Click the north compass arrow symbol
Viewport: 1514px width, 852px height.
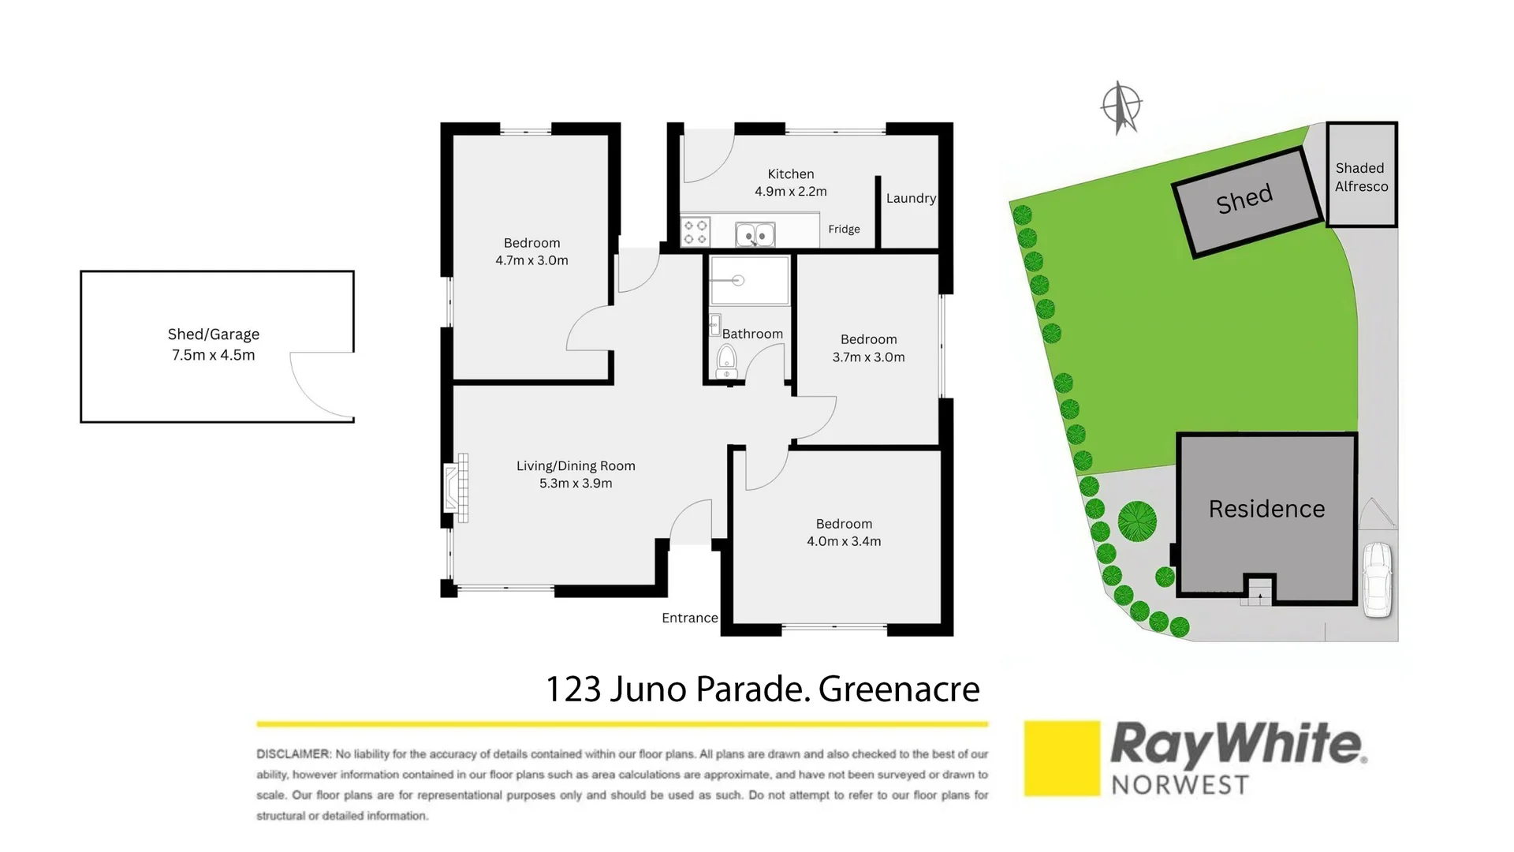point(1121,107)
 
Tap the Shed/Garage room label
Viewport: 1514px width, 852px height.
point(214,334)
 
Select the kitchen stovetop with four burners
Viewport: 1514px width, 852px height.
point(695,233)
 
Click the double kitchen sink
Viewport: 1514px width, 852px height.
point(755,235)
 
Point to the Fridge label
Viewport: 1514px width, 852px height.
point(844,230)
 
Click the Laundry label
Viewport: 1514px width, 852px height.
point(911,199)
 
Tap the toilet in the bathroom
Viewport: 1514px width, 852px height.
point(726,361)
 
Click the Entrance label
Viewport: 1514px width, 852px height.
point(689,618)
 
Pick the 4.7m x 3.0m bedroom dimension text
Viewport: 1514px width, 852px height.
point(531,261)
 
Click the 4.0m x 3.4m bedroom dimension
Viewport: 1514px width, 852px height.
point(844,542)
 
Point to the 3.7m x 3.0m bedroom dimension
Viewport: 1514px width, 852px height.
point(868,357)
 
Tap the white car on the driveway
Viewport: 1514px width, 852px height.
point(1378,579)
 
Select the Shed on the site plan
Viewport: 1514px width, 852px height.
point(1246,200)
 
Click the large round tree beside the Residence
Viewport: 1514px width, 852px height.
point(1137,521)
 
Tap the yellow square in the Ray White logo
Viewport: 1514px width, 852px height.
point(1061,758)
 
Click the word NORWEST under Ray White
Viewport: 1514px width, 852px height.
point(1180,786)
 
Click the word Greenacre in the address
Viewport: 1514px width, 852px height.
point(899,689)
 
